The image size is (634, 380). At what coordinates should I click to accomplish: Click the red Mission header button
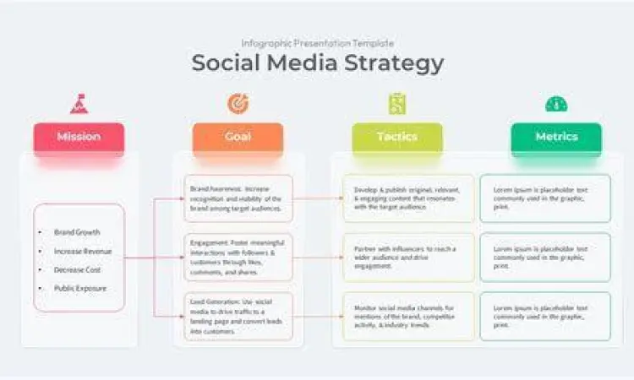coord(79,137)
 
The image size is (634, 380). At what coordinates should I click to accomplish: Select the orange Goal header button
coord(238,137)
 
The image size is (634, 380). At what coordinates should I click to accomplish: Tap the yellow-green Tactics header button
coord(396,137)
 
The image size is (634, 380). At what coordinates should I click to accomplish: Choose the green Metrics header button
coord(556,137)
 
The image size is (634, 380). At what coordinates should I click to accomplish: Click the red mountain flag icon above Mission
coord(79,104)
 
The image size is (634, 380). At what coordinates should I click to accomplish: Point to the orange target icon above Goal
coord(238,104)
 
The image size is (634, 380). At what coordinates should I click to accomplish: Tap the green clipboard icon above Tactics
coord(396,104)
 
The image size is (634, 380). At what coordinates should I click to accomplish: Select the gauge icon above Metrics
coord(556,104)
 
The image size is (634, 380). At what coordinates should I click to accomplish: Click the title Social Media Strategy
coord(317,63)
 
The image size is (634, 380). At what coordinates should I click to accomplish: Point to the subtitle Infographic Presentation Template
coord(317,43)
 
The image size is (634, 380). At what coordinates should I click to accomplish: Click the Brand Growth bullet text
coord(77,232)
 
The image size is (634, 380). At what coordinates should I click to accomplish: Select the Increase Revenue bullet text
coord(82,251)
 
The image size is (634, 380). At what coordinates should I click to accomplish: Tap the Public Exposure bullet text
coord(80,288)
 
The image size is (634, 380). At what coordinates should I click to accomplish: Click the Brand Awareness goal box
coord(238,198)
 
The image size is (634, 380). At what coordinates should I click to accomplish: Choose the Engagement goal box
coord(238,257)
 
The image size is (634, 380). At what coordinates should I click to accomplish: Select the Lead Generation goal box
coord(238,316)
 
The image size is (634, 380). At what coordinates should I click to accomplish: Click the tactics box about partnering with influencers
coord(408,257)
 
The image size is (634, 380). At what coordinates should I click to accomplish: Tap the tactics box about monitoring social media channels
coord(408,316)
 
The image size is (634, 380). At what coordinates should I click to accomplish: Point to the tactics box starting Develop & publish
coord(408,198)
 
